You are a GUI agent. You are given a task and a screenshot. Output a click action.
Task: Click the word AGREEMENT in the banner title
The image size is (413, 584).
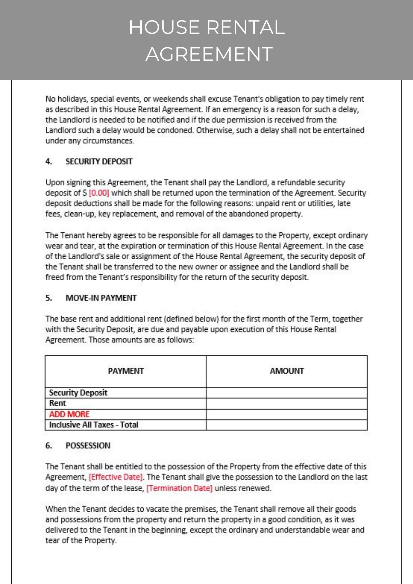[209, 54]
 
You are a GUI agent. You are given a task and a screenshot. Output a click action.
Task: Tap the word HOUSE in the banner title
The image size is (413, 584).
[164, 27]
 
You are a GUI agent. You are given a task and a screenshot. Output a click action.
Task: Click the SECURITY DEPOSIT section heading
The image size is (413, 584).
[99, 161]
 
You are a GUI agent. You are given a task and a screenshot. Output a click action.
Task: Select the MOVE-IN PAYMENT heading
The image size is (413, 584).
[101, 298]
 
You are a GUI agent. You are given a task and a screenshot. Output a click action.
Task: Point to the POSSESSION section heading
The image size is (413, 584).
[88, 446]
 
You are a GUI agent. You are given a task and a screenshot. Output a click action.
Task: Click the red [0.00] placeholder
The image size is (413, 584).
[99, 193]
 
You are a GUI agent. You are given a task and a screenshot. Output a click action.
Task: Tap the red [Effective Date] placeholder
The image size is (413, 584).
[116, 477]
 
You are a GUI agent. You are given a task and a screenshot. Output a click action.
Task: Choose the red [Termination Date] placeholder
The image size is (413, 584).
[179, 488]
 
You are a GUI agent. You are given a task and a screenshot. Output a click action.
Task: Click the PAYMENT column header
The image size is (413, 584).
[126, 371]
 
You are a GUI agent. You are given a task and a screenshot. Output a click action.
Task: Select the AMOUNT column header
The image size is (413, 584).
[287, 371]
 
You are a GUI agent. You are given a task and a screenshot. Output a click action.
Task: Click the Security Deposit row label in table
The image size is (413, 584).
[78, 393]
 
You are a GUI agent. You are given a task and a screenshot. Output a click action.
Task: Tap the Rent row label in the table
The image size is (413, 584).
[58, 403]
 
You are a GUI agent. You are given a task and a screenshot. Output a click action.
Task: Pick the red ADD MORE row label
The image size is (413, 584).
[69, 414]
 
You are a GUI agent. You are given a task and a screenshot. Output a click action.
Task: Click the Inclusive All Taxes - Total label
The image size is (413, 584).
[93, 425]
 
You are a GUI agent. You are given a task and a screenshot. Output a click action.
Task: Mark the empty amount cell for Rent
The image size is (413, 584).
[287, 404]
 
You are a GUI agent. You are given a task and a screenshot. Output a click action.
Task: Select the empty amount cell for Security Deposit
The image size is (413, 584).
[287, 393]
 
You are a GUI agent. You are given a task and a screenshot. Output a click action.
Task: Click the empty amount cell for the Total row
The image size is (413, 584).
[287, 425]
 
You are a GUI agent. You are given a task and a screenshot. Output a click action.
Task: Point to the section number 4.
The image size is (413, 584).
[49, 161]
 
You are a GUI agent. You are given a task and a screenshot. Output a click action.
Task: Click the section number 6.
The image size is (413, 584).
[49, 446]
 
